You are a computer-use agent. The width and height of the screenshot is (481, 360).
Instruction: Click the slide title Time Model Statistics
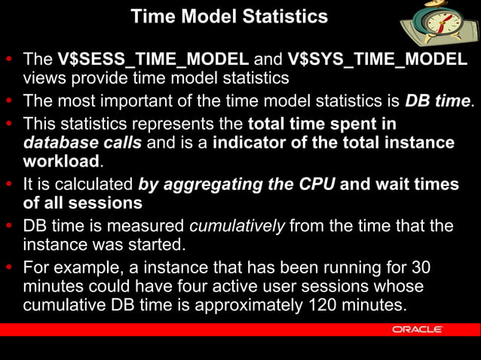pyautogui.click(x=229, y=16)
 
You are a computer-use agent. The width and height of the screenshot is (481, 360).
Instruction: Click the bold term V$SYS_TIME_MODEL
pyautogui.click(x=378, y=59)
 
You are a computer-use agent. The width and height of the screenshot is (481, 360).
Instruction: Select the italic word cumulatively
pyautogui.click(x=236, y=226)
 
